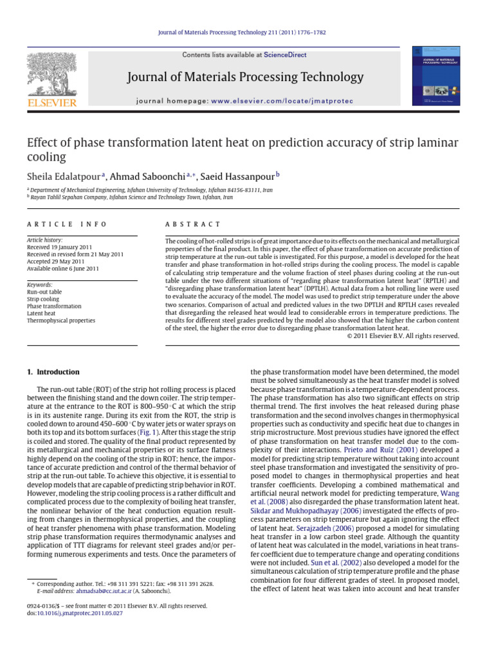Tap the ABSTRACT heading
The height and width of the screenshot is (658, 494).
193,224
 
